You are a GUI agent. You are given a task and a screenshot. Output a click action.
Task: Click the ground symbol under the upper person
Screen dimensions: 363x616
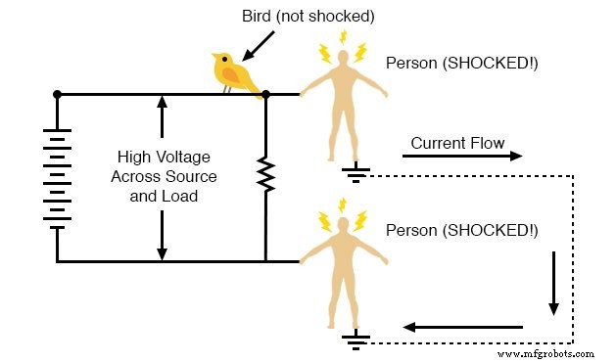pos(355,174)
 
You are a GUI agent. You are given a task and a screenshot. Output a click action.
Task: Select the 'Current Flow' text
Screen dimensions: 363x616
pos(457,143)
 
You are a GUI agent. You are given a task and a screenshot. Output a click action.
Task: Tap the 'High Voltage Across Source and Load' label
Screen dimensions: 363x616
pos(165,176)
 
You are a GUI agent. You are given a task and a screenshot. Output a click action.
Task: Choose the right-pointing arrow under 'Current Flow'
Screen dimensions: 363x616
pos(462,157)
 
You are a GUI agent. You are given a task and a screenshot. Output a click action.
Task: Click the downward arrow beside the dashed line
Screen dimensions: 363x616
pos(553,284)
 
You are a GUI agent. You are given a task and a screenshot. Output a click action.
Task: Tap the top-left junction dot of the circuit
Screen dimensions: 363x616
pos(58,95)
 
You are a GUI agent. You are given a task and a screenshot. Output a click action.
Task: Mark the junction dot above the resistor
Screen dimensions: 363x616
pos(265,95)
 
